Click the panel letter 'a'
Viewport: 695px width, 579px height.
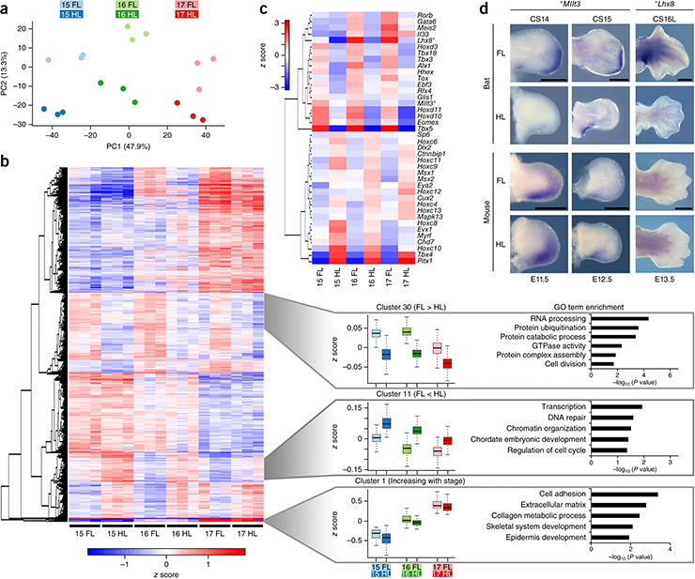point(6,8)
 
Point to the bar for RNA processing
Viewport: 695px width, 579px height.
point(615,319)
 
